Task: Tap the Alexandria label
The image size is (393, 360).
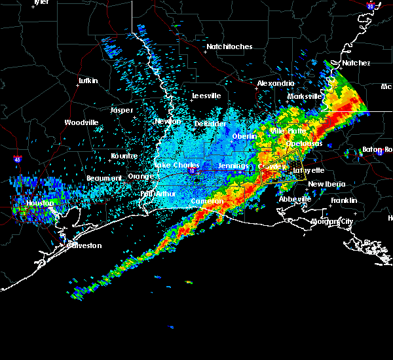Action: pyautogui.click(x=276, y=84)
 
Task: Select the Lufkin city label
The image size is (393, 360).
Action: pyautogui.click(x=87, y=81)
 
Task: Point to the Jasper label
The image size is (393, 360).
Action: pyautogui.click(x=121, y=110)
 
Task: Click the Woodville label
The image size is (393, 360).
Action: pyautogui.click(x=82, y=122)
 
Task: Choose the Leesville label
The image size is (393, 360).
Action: pyautogui.click(x=206, y=96)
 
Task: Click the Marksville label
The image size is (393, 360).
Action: pyautogui.click(x=305, y=97)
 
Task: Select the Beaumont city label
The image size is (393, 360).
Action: pyautogui.click(x=105, y=178)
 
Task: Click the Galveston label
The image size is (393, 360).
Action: pyautogui.click(x=85, y=245)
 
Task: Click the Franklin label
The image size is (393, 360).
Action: pyautogui.click(x=343, y=200)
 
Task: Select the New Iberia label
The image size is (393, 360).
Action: pyautogui.click(x=325, y=185)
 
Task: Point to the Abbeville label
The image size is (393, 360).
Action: pyautogui.click(x=294, y=199)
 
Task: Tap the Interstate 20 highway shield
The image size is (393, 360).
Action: pyautogui.click(x=370, y=6)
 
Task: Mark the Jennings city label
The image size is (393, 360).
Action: pyautogui.click(x=233, y=166)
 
